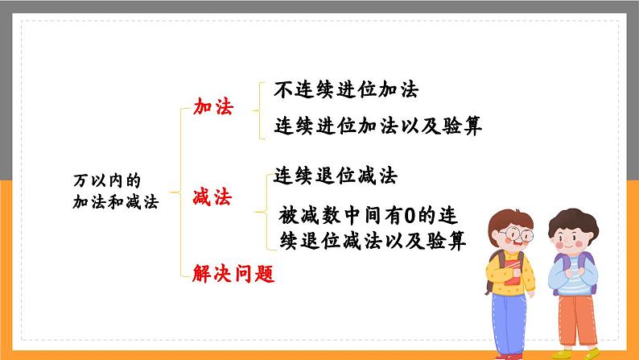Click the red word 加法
[212, 108]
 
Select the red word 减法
[212, 197]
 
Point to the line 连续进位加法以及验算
[377, 126]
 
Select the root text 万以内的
[100, 181]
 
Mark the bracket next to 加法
[256, 108]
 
